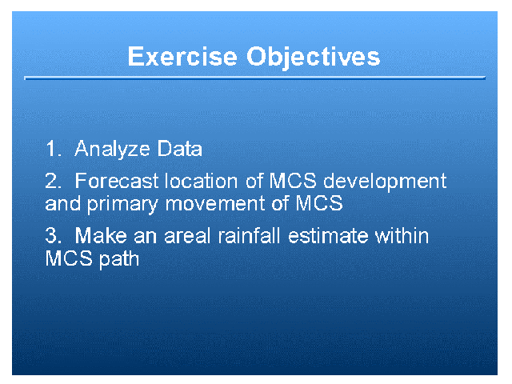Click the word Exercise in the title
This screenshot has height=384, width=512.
click(x=182, y=57)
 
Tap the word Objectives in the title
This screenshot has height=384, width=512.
click(x=313, y=58)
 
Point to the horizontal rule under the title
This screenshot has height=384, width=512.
click(x=254, y=78)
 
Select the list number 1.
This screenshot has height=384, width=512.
click(x=54, y=149)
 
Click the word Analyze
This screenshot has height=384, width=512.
click(x=112, y=150)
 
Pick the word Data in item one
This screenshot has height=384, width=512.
click(x=179, y=149)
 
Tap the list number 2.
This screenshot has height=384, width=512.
click(x=54, y=181)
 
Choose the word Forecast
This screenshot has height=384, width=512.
click(x=117, y=181)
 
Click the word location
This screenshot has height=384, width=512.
click(x=201, y=181)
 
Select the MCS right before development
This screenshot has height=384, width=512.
click(x=293, y=181)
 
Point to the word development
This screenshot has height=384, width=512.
click(x=385, y=182)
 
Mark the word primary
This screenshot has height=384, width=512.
click(x=122, y=205)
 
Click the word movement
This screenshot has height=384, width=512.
click(x=214, y=203)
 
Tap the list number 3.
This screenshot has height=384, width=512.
click(x=54, y=235)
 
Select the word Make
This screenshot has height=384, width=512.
click(x=101, y=235)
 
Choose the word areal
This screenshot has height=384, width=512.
click(x=187, y=235)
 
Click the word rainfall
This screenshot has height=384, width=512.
click(x=249, y=235)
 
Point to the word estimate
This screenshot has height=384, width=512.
click(x=328, y=236)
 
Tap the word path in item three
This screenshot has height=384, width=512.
click(x=119, y=259)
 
